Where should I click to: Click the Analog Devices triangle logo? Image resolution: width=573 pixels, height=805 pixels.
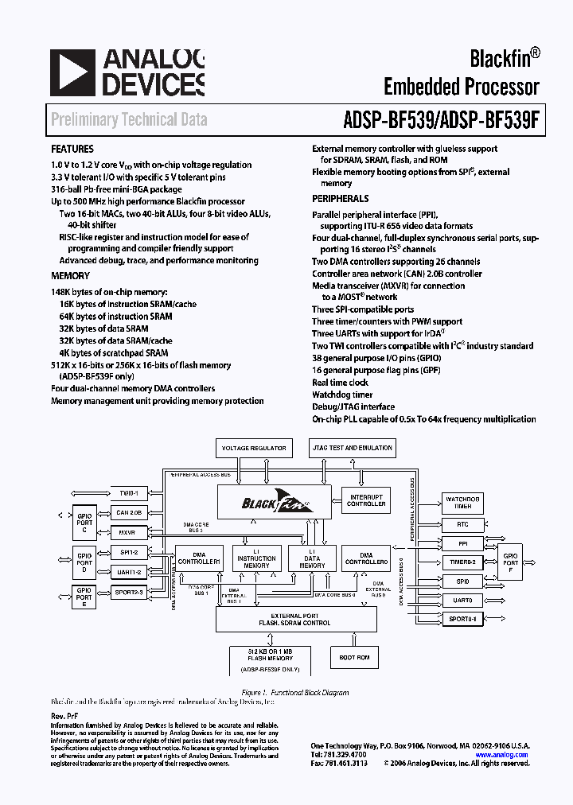point(71,73)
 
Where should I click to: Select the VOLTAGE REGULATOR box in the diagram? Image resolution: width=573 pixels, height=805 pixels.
point(253,449)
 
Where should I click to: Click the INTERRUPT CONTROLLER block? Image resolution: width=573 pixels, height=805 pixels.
point(366,500)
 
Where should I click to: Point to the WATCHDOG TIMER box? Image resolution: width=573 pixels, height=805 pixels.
point(462,503)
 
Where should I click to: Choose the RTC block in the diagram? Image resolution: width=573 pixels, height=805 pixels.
point(462,525)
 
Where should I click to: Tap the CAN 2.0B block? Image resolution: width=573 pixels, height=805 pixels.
point(128,513)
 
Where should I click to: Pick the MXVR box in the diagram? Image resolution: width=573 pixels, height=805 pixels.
point(128,532)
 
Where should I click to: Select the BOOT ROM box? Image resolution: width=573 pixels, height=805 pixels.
point(354,657)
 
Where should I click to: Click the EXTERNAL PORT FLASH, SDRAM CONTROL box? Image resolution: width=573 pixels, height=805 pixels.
point(294,619)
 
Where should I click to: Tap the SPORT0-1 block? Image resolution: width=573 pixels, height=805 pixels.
point(462,619)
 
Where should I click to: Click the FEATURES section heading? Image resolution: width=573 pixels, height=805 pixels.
point(72,149)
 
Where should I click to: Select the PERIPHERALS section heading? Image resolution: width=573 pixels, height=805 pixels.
point(340,199)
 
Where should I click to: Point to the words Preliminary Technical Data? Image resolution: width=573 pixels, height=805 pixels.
point(129,120)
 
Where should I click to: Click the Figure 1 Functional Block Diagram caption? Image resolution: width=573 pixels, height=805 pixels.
point(294,693)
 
